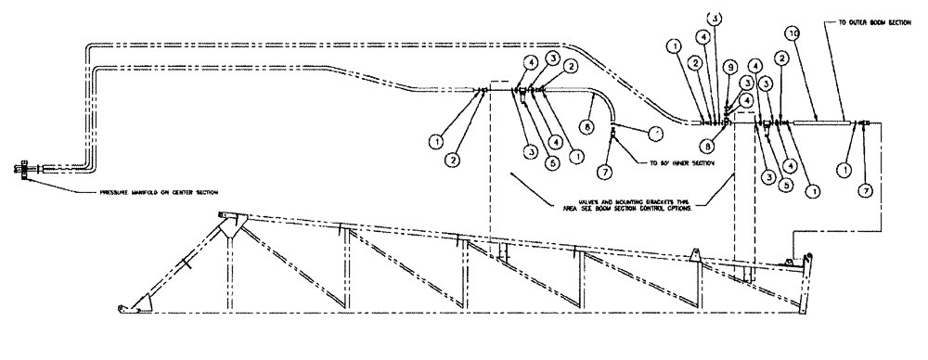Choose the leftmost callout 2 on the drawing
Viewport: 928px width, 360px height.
coord(452,160)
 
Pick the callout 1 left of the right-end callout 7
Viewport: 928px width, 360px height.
coord(844,170)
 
